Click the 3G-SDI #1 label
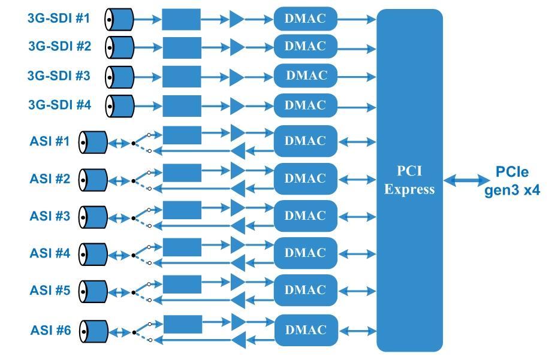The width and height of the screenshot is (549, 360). pyautogui.click(x=59, y=18)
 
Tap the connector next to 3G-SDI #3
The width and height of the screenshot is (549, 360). pyautogui.click(x=119, y=76)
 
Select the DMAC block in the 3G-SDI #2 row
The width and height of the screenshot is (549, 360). pyautogui.click(x=306, y=46)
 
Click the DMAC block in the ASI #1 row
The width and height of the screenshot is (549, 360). pyautogui.click(x=306, y=141)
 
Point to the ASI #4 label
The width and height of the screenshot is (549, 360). pyautogui.click(x=50, y=253)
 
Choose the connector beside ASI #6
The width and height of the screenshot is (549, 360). pyautogui.click(x=93, y=331)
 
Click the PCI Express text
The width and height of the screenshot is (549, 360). pyautogui.click(x=409, y=180)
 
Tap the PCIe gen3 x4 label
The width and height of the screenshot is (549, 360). pyautogui.click(x=512, y=181)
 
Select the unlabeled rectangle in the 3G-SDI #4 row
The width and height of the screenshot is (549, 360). pyautogui.click(x=182, y=105)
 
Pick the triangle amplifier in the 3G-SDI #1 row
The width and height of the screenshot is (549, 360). pyautogui.click(x=237, y=19)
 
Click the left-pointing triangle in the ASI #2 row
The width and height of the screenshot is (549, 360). pyautogui.click(x=237, y=189)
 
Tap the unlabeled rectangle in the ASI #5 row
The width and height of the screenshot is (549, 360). pyautogui.click(x=182, y=284)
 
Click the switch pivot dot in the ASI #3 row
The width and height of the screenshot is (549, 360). pyautogui.click(x=133, y=218)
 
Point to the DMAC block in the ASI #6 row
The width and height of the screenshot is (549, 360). pyautogui.click(x=306, y=330)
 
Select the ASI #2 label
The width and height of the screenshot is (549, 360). pyautogui.click(x=50, y=179)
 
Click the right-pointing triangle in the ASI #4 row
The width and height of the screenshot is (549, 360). pyautogui.click(x=237, y=244)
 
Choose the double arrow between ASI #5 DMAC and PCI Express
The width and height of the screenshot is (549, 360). pyautogui.click(x=357, y=292)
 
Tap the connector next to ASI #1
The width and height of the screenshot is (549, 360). pyautogui.click(x=93, y=143)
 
